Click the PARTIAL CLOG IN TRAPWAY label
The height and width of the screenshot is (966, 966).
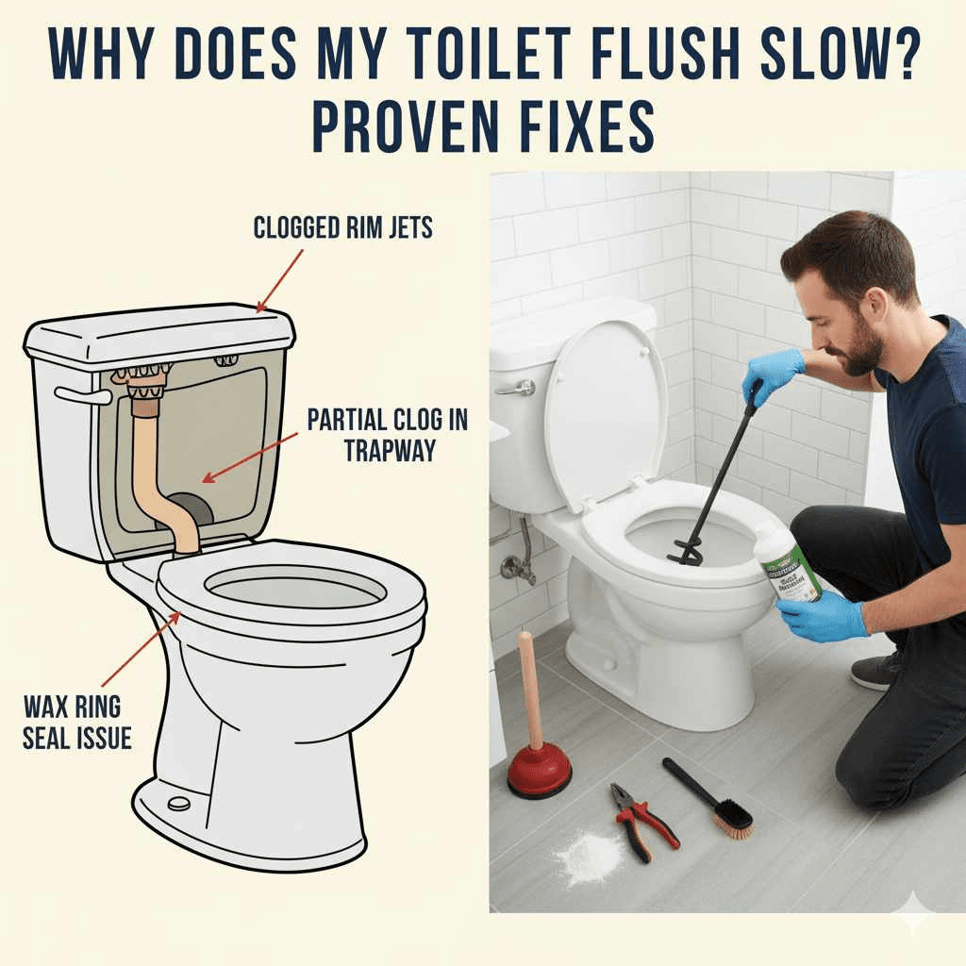coord(387,433)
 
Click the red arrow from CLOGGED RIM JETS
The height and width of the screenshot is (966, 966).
coord(280,280)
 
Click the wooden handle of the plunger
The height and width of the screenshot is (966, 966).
coord(532,689)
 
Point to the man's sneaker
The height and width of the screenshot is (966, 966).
coord(877,668)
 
